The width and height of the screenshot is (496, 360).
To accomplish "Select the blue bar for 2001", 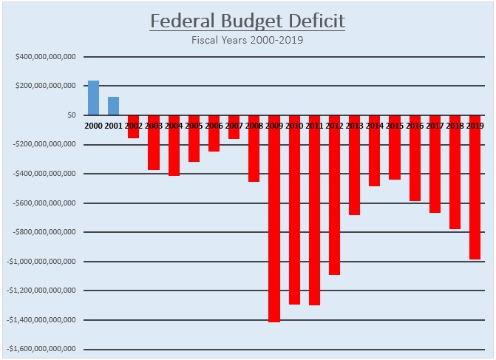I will click(113, 106).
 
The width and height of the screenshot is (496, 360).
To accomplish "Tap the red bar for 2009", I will click(274, 222).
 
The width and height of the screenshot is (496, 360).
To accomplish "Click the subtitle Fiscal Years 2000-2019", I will click(247, 40).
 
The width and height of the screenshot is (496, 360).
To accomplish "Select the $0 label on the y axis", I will click(71, 115).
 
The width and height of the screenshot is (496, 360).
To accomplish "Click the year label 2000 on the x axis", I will click(93, 126).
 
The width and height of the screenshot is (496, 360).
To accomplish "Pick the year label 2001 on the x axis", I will click(113, 126).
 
